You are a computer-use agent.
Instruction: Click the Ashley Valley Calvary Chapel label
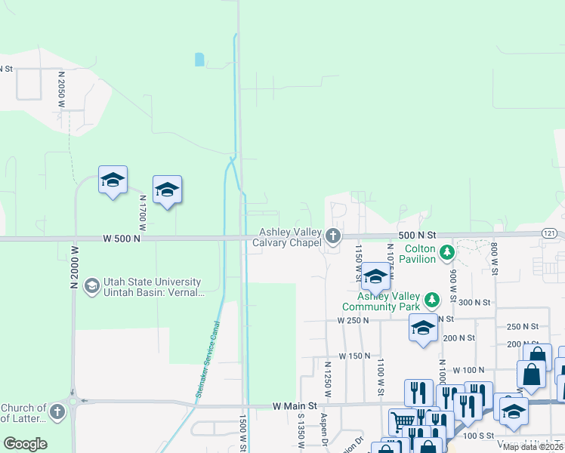(291, 238)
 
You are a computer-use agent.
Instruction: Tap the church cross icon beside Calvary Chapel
(332, 237)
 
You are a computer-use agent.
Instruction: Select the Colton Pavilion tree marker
(448, 251)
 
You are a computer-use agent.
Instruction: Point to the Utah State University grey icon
(92, 285)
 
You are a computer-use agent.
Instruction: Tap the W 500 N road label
(122, 239)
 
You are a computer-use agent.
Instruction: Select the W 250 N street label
(353, 321)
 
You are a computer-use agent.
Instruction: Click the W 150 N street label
(354, 356)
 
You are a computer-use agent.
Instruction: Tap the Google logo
(25, 444)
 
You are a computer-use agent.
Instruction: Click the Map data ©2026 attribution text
(533, 447)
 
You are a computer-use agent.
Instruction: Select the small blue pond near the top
(199, 59)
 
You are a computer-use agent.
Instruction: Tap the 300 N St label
(474, 302)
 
